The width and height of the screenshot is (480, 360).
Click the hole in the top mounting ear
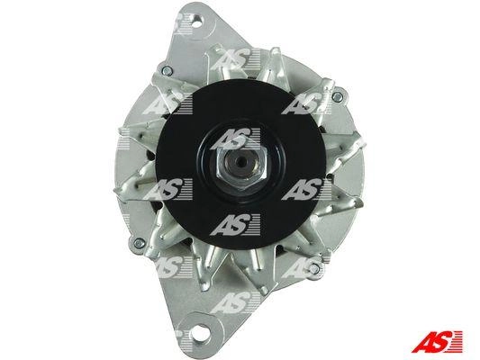pos(198,22)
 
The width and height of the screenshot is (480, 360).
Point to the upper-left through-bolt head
pos(168,71)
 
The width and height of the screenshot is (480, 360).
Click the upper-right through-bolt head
pos(337,97)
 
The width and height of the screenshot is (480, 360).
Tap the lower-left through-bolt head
pos(140,243)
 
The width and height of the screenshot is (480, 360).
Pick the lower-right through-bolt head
pos(313,269)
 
